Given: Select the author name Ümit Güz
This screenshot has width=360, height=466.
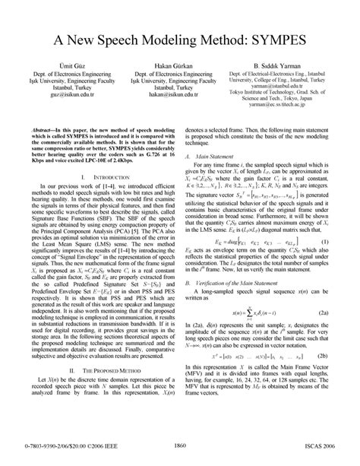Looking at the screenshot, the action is click(x=64, y=67).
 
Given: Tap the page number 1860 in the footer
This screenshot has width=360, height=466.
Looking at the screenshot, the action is click(x=180, y=445).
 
